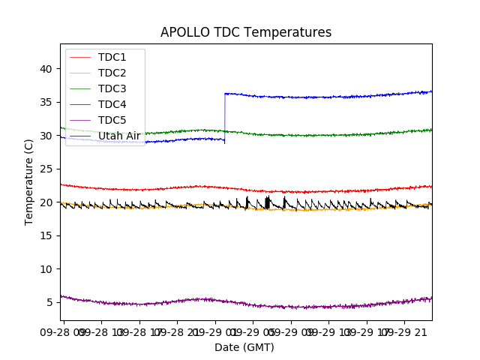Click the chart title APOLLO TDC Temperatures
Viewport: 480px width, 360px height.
point(246,32)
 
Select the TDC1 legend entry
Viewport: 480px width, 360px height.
point(112,57)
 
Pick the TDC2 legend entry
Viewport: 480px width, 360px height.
point(112,73)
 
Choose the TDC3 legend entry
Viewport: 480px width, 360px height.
point(112,88)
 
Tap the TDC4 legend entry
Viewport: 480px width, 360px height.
point(112,104)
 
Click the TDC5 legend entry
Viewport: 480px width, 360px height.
point(112,120)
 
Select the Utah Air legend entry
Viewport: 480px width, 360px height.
point(118,136)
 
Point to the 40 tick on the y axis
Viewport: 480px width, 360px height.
point(46,69)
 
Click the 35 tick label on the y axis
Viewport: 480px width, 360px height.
point(46,102)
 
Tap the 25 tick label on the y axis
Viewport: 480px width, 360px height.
point(46,169)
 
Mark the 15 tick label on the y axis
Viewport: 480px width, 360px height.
point(46,235)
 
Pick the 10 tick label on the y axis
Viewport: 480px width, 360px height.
point(46,268)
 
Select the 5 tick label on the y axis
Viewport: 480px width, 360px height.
point(49,302)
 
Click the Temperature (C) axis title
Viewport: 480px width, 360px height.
point(29,181)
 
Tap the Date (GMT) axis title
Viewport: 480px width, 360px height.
point(244,347)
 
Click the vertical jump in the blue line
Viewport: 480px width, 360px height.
point(225,116)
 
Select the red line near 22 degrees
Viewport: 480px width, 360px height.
point(150,189)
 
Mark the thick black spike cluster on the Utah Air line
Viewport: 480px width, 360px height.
point(268,202)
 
